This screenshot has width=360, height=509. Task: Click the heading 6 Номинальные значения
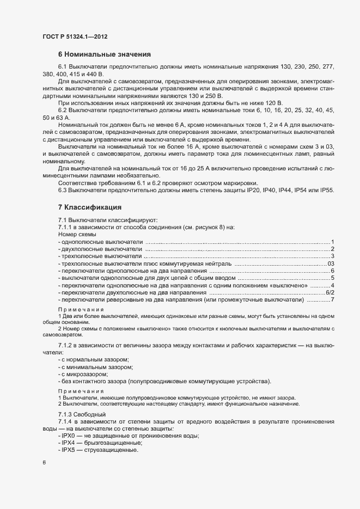click(x=104, y=54)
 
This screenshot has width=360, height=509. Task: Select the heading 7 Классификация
click(x=93, y=207)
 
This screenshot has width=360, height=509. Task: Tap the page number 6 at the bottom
click(x=44, y=462)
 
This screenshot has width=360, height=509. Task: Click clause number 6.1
click(x=63, y=66)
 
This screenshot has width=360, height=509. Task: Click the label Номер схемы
click(x=76, y=234)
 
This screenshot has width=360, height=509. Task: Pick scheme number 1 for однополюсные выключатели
click(x=332, y=241)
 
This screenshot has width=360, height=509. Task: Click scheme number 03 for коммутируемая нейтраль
click(x=331, y=263)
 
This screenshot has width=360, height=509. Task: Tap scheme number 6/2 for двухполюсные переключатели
click(x=330, y=293)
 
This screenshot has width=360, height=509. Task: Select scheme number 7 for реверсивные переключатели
click(x=332, y=300)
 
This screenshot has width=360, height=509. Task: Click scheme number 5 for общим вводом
click(x=332, y=278)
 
